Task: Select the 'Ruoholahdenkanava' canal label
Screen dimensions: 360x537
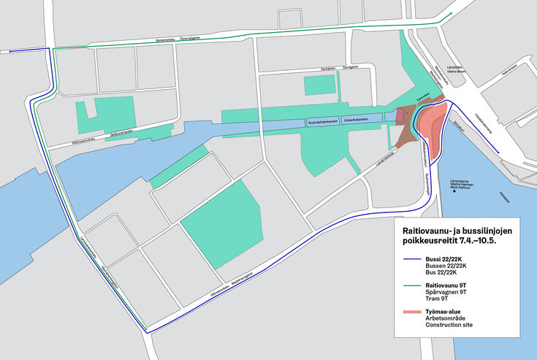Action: click(322, 120)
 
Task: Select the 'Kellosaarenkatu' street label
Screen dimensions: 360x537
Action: click(90, 138)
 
